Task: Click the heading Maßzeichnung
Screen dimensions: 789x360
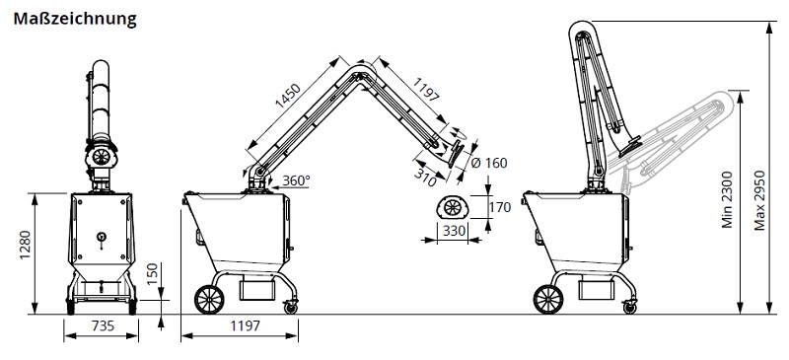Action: (x=75, y=19)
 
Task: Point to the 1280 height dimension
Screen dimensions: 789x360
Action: (x=25, y=246)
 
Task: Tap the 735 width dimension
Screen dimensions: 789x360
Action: (x=103, y=326)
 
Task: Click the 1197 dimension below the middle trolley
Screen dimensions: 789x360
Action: (x=246, y=326)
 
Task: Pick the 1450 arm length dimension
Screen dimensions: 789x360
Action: (x=288, y=97)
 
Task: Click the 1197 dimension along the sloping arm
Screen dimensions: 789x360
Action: (x=426, y=90)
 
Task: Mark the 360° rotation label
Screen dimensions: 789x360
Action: (x=296, y=180)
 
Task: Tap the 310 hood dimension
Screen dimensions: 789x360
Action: (x=426, y=177)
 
